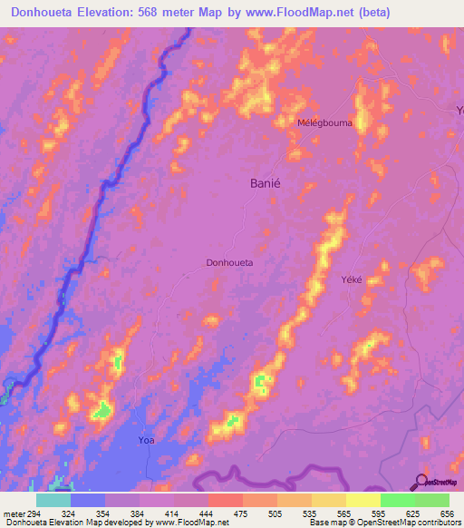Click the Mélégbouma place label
[324, 122]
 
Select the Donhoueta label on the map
[229, 262]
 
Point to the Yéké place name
[351, 279]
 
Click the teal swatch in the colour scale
[53, 500]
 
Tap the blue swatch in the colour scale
[88, 500]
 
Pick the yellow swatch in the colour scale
[363, 500]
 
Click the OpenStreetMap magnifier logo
[420, 482]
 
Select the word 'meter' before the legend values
[14, 513]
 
